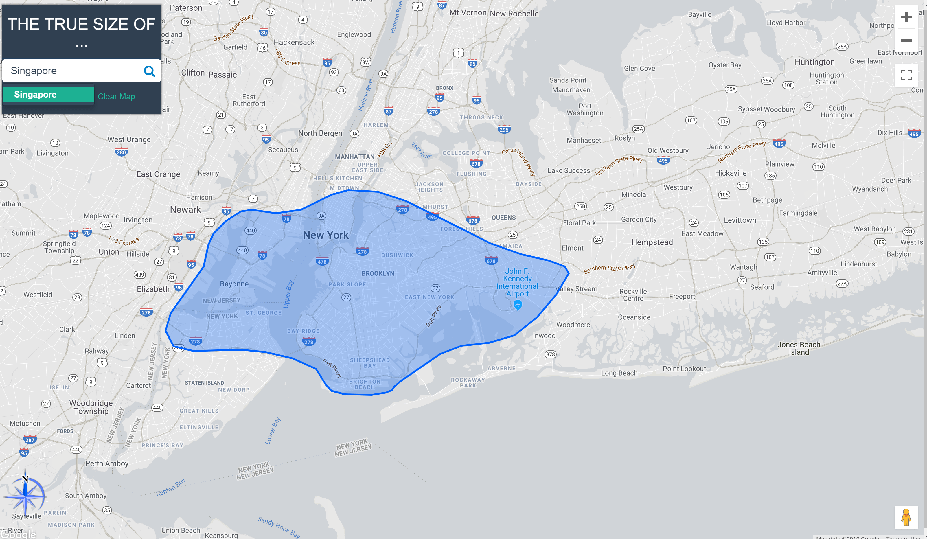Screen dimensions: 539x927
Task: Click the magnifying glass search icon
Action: tap(149, 71)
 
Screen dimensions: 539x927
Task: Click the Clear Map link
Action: tap(116, 96)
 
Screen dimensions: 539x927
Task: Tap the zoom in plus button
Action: tap(906, 17)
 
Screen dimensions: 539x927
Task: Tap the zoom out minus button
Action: tap(906, 41)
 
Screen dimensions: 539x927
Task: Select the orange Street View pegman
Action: tap(906, 517)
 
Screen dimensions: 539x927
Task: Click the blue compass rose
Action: tap(25, 495)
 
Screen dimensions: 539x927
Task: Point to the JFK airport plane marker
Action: tap(518, 305)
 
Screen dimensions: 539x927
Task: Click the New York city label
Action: tap(325, 235)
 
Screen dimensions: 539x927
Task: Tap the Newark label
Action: tap(185, 210)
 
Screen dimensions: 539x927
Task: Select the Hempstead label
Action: tap(652, 242)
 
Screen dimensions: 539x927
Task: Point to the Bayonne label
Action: tap(234, 284)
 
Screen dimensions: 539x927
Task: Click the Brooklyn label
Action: tap(378, 273)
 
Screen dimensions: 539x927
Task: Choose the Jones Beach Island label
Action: tap(799, 348)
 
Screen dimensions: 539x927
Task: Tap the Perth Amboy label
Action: tap(107, 463)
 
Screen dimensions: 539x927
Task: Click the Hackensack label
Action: tap(294, 42)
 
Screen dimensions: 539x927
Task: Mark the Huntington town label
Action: tap(814, 62)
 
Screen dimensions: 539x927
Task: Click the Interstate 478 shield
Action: tap(322, 262)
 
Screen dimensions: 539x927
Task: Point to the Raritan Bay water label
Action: tap(171, 488)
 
